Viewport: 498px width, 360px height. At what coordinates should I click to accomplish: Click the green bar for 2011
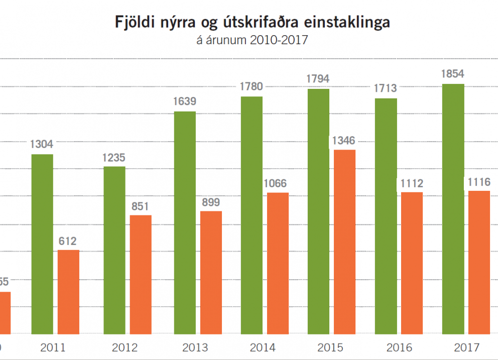pos(42,244)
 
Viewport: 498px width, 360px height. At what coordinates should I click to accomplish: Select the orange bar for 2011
pos(69,292)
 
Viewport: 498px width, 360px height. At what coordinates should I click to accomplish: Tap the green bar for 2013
pos(185,222)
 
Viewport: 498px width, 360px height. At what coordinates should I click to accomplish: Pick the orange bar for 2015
pos(344,242)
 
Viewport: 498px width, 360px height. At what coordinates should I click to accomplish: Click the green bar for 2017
pos(453,209)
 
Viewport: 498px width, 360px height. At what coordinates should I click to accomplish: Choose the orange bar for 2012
pos(141,274)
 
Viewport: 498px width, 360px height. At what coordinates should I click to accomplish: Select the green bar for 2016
pos(386,216)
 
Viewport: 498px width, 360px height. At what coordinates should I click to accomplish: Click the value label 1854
pos(453,74)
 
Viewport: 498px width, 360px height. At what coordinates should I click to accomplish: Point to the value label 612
pos(69,241)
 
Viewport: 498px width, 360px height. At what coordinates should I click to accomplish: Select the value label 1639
pos(185,101)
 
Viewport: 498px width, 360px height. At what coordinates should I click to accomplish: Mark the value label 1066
pos(278,183)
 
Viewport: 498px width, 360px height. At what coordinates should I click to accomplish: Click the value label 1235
pos(114,157)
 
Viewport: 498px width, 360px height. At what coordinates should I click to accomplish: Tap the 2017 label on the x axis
pos(466,347)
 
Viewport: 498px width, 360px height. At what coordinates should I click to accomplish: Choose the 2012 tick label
pos(124,347)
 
